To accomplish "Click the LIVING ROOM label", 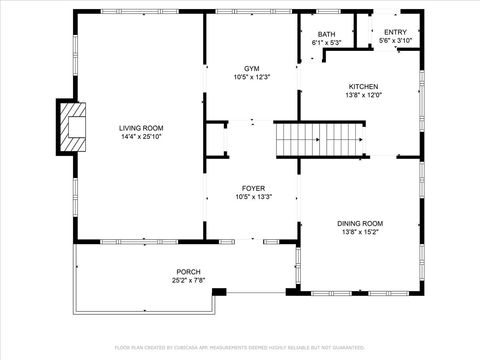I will tap(140, 128).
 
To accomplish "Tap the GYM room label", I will tap(251, 68).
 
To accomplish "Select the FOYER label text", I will tap(251, 188).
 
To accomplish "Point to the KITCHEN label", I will tap(363, 86).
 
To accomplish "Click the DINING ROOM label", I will tap(363, 223).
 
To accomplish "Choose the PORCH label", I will tap(188, 272).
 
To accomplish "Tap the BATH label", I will tap(327, 34).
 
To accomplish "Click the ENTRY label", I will tap(395, 32).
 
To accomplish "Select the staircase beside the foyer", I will tap(316, 137).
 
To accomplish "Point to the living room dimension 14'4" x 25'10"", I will tap(140, 137).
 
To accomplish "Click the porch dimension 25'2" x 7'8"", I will tap(188, 281).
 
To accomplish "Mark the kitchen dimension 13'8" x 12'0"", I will tap(363, 95).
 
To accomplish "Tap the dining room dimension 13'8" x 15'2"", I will tap(363, 232).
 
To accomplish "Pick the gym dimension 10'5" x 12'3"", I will tap(251, 77).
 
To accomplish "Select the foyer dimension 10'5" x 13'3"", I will tap(251, 197).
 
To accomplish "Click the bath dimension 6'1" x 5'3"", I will tap(327, 43).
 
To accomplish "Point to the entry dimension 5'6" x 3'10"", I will tap(395, 41).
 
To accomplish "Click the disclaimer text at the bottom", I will tap(240, 347).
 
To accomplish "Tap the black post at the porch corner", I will tap(220, 292).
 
